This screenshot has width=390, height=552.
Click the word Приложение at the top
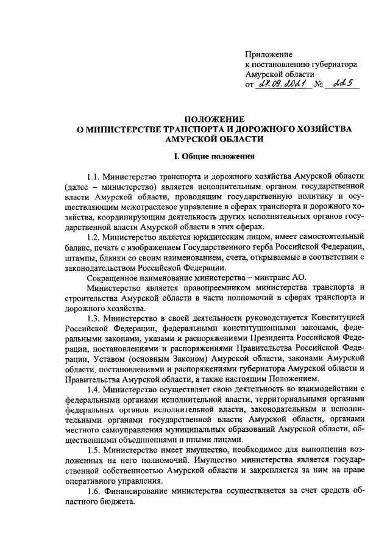tap(269, 54)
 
